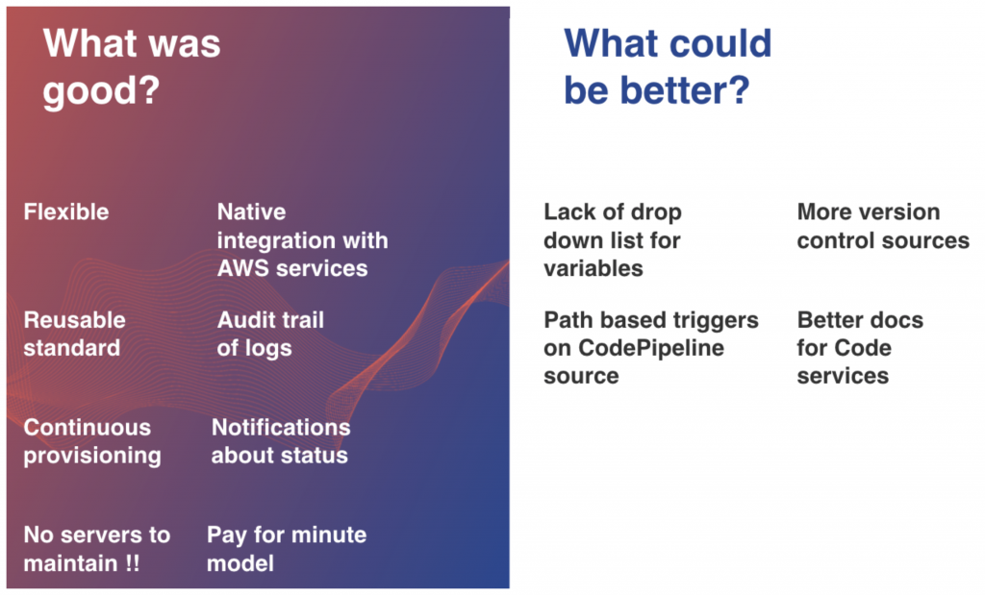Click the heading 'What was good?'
point(132,66)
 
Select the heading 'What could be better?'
point(668,66)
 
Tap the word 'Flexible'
point(66,212)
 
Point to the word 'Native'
point(251,212)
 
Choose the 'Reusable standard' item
point(74,334)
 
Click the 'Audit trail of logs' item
point(270,334)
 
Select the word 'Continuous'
point(88,428)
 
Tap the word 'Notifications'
point(281,428)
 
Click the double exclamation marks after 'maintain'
point(132,563)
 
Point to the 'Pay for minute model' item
point(287,549)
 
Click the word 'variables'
point(593,268)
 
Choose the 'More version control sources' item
point(883,226)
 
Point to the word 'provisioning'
point(92,457)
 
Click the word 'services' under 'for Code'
point(843,376)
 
